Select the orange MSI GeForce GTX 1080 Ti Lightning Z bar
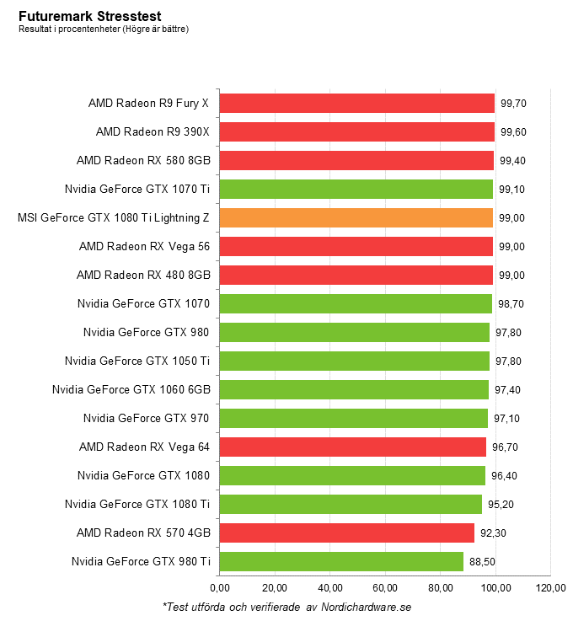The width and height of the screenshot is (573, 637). click(356, 217)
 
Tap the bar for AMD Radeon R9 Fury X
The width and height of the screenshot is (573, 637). click(356, 103)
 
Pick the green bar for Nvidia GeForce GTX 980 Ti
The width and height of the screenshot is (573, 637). click(341, 561)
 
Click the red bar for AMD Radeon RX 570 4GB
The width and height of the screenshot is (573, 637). click(346, 533)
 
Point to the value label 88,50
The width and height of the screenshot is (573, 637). click(480, 562)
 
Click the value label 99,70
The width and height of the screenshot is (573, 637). click(513, 104)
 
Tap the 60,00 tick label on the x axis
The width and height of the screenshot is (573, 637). click(385, 588)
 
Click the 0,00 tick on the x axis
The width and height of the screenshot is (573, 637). click(219, 588)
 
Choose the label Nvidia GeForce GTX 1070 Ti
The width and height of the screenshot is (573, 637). click(137, 189)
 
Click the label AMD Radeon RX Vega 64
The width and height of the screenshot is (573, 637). click(144, 447)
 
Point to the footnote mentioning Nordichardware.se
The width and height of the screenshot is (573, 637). click(286, 606)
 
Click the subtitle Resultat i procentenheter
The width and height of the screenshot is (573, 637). click(104, 29)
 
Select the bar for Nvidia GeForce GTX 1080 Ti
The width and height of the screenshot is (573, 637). click(351, 504)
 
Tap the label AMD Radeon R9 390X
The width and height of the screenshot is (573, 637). click(153, 131)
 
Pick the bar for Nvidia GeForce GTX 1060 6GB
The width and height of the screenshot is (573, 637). click(353, 389)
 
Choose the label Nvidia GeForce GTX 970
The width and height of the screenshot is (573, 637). click(146, 418)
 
